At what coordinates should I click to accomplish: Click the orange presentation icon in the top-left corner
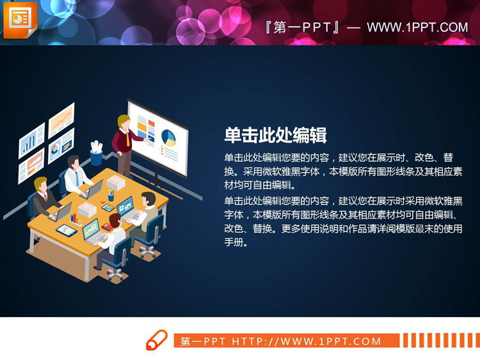point(19,19)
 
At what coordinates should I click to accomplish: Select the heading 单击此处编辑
point(276,135)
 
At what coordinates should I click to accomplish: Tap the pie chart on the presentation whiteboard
point(169,137)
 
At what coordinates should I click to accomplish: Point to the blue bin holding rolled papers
point(96,155)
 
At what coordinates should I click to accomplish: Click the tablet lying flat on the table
point(66,230)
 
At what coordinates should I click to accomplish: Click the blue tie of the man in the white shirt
point(77,177)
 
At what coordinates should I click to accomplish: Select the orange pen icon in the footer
point(157,340)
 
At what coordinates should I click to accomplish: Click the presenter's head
point(123,121)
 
